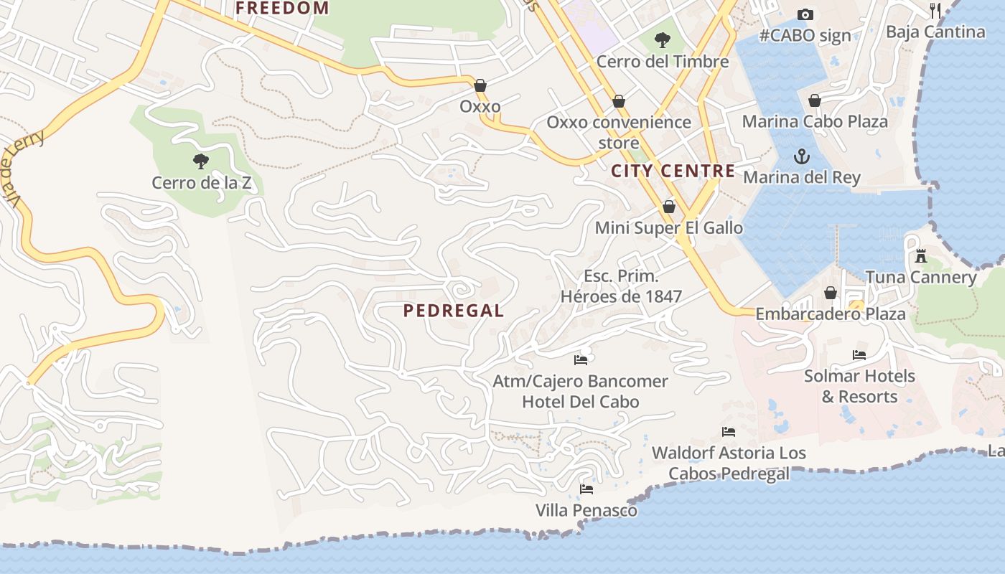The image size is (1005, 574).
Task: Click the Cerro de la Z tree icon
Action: click(201, 161)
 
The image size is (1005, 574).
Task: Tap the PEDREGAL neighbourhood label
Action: click(454, 311)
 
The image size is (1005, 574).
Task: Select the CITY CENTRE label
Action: click(673, 171)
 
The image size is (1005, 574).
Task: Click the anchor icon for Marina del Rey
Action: click(801, 156)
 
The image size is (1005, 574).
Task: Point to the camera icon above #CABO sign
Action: click(805, 14)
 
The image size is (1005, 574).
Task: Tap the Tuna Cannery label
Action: click(920, 277)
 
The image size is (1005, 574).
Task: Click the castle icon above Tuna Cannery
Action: click(920, 255)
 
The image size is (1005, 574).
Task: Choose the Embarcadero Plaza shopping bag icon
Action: click(831, 293)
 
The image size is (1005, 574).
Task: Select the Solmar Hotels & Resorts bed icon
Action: click(859, 355)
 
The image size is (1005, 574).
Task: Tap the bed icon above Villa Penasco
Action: click(586, 489)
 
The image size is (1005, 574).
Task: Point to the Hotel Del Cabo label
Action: click(580, 402)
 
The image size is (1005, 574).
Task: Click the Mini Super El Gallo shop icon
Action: click(669, 207)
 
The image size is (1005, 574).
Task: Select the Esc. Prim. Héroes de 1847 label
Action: click(621, 286)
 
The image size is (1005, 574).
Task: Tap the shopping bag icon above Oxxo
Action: click(480, 86)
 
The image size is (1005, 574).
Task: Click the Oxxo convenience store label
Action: click(619, 132)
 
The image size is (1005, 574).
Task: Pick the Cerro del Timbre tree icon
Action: click(663, 40)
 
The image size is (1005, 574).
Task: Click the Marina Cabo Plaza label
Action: click(815, 121)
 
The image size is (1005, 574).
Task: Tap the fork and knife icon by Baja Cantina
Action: click(935, 10)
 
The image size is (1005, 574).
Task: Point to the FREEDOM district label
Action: click(282, 9)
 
